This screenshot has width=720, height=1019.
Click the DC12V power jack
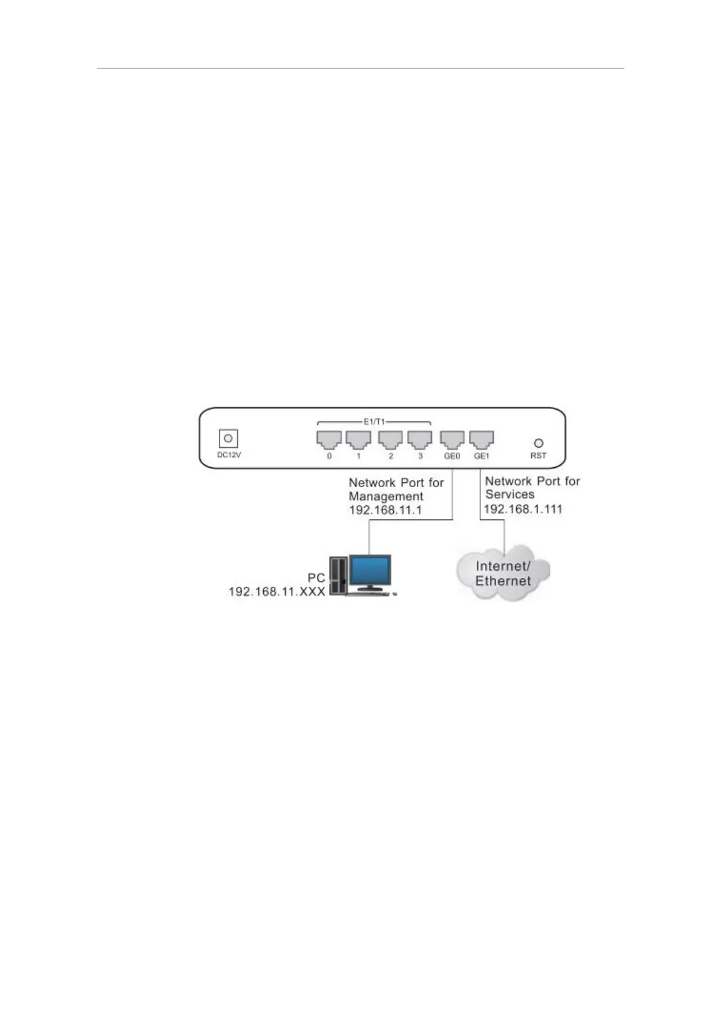[x=228, y=438]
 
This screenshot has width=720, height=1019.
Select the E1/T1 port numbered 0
[x=329, y=439]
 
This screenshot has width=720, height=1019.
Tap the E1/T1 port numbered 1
[x=358, y=439]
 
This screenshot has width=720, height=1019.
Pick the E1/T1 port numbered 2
[x=390, y=439]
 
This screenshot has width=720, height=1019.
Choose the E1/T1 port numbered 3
[x=420, y=439]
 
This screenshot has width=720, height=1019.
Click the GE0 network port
[x=452, y=439]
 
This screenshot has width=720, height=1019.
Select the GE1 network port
[x=482, y=439]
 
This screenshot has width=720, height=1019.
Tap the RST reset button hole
[x=538, y=443]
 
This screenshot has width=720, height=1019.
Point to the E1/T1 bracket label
[x=374, y=421]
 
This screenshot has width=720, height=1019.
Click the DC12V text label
[x=229, y=455]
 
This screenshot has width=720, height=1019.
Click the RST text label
[x=538, y=456]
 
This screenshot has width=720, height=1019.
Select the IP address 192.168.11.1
[x=385, y=510]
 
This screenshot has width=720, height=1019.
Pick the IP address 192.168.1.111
[x=523, y=509]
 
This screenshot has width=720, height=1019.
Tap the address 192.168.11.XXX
[x=277, y=591]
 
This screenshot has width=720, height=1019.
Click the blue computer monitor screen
[x=370, y=570]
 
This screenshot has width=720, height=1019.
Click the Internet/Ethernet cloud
[x=502, y=574]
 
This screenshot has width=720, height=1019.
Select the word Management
[x=386, y=496]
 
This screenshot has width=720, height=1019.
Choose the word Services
[x=509, y=494]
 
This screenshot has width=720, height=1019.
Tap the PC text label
[x=316, y=578]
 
